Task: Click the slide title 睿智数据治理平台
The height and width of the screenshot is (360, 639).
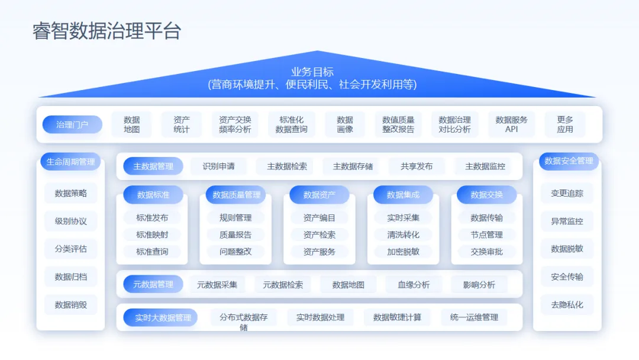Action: (106, 31)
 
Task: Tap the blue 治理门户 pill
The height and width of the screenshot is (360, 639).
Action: (72, 124)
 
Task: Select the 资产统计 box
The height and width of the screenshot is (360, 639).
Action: (182, 124)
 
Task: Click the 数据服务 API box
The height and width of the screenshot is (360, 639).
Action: (511, 124)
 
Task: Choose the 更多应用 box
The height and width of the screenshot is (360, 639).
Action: (564, 124)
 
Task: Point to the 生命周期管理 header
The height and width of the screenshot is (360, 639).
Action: (70, 162)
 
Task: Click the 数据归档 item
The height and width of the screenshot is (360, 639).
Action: (70, 277)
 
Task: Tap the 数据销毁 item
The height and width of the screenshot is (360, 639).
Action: (70, 305)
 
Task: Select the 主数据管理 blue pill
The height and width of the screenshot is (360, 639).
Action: (153, 166)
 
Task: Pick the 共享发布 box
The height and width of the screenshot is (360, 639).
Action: (417, 166)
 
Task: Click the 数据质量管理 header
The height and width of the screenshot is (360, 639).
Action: (236, 195)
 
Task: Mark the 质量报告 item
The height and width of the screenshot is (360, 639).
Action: (235, 234)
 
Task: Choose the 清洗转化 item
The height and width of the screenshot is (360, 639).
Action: (403, 234)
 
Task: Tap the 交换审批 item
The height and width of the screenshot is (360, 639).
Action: (486, 252)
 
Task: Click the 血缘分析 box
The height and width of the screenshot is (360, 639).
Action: (414, 284)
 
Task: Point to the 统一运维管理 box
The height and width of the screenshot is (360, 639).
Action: (474, 317)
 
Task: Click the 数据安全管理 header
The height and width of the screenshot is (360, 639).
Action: (569, 161)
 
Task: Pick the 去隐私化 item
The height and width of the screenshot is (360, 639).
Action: (567, 305)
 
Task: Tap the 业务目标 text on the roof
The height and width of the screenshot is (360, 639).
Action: (312, 72)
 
